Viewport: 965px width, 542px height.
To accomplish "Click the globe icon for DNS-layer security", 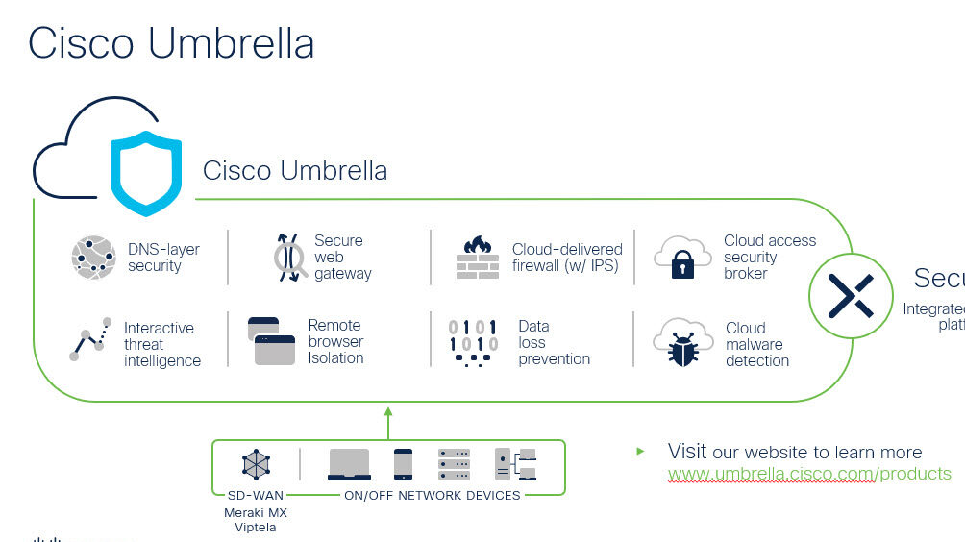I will tap(93, 258).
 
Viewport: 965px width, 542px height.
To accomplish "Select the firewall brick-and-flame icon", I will tap(477, 258).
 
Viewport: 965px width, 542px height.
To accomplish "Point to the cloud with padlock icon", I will tap(681, 257).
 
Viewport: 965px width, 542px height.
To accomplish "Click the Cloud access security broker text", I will tap(769, 257).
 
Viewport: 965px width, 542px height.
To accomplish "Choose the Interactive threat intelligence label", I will tap(161, 344).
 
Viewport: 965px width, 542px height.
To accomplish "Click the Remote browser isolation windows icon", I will tap(271, 341).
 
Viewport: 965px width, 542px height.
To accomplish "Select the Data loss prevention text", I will tap(554, 343).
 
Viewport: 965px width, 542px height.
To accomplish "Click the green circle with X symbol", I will tap(851, 295).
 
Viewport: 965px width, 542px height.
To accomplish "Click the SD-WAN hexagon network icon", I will tap(256, 464).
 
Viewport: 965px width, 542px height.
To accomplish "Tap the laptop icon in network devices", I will tap(349, 464).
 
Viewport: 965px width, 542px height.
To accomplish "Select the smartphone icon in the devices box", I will tap(403, 464).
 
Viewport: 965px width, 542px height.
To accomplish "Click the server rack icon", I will tap(454, 464).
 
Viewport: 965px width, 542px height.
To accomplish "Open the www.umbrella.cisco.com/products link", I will tap(809, 474).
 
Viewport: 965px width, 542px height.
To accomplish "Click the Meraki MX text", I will tap(255, 512).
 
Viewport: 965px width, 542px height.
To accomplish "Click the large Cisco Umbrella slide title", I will tap(171, 44).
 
